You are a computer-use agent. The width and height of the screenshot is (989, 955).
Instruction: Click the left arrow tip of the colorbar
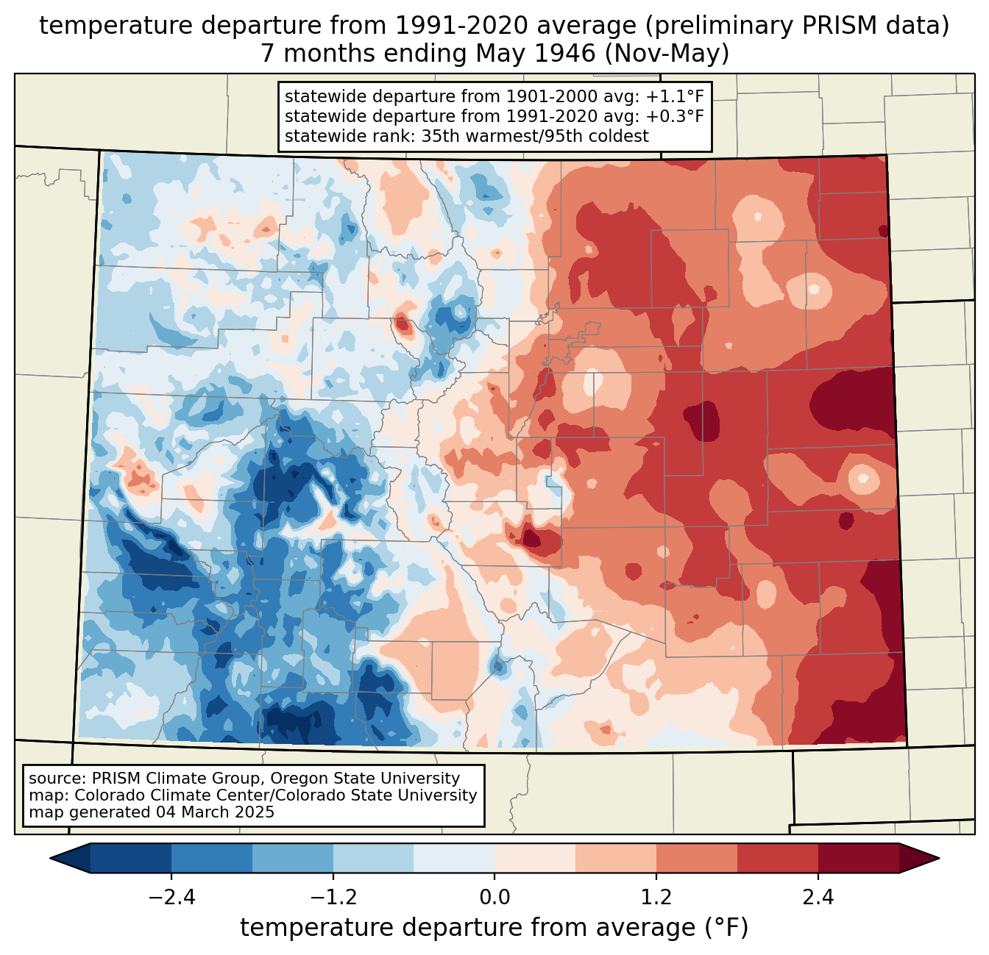50,859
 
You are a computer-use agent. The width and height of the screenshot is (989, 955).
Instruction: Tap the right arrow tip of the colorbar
939,859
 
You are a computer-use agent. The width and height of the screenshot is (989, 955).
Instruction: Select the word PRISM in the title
832,26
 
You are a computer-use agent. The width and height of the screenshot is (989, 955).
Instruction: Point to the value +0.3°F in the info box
675,116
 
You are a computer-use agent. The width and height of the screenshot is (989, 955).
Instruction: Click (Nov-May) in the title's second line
667,54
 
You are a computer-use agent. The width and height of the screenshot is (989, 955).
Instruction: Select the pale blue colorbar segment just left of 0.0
454,859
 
